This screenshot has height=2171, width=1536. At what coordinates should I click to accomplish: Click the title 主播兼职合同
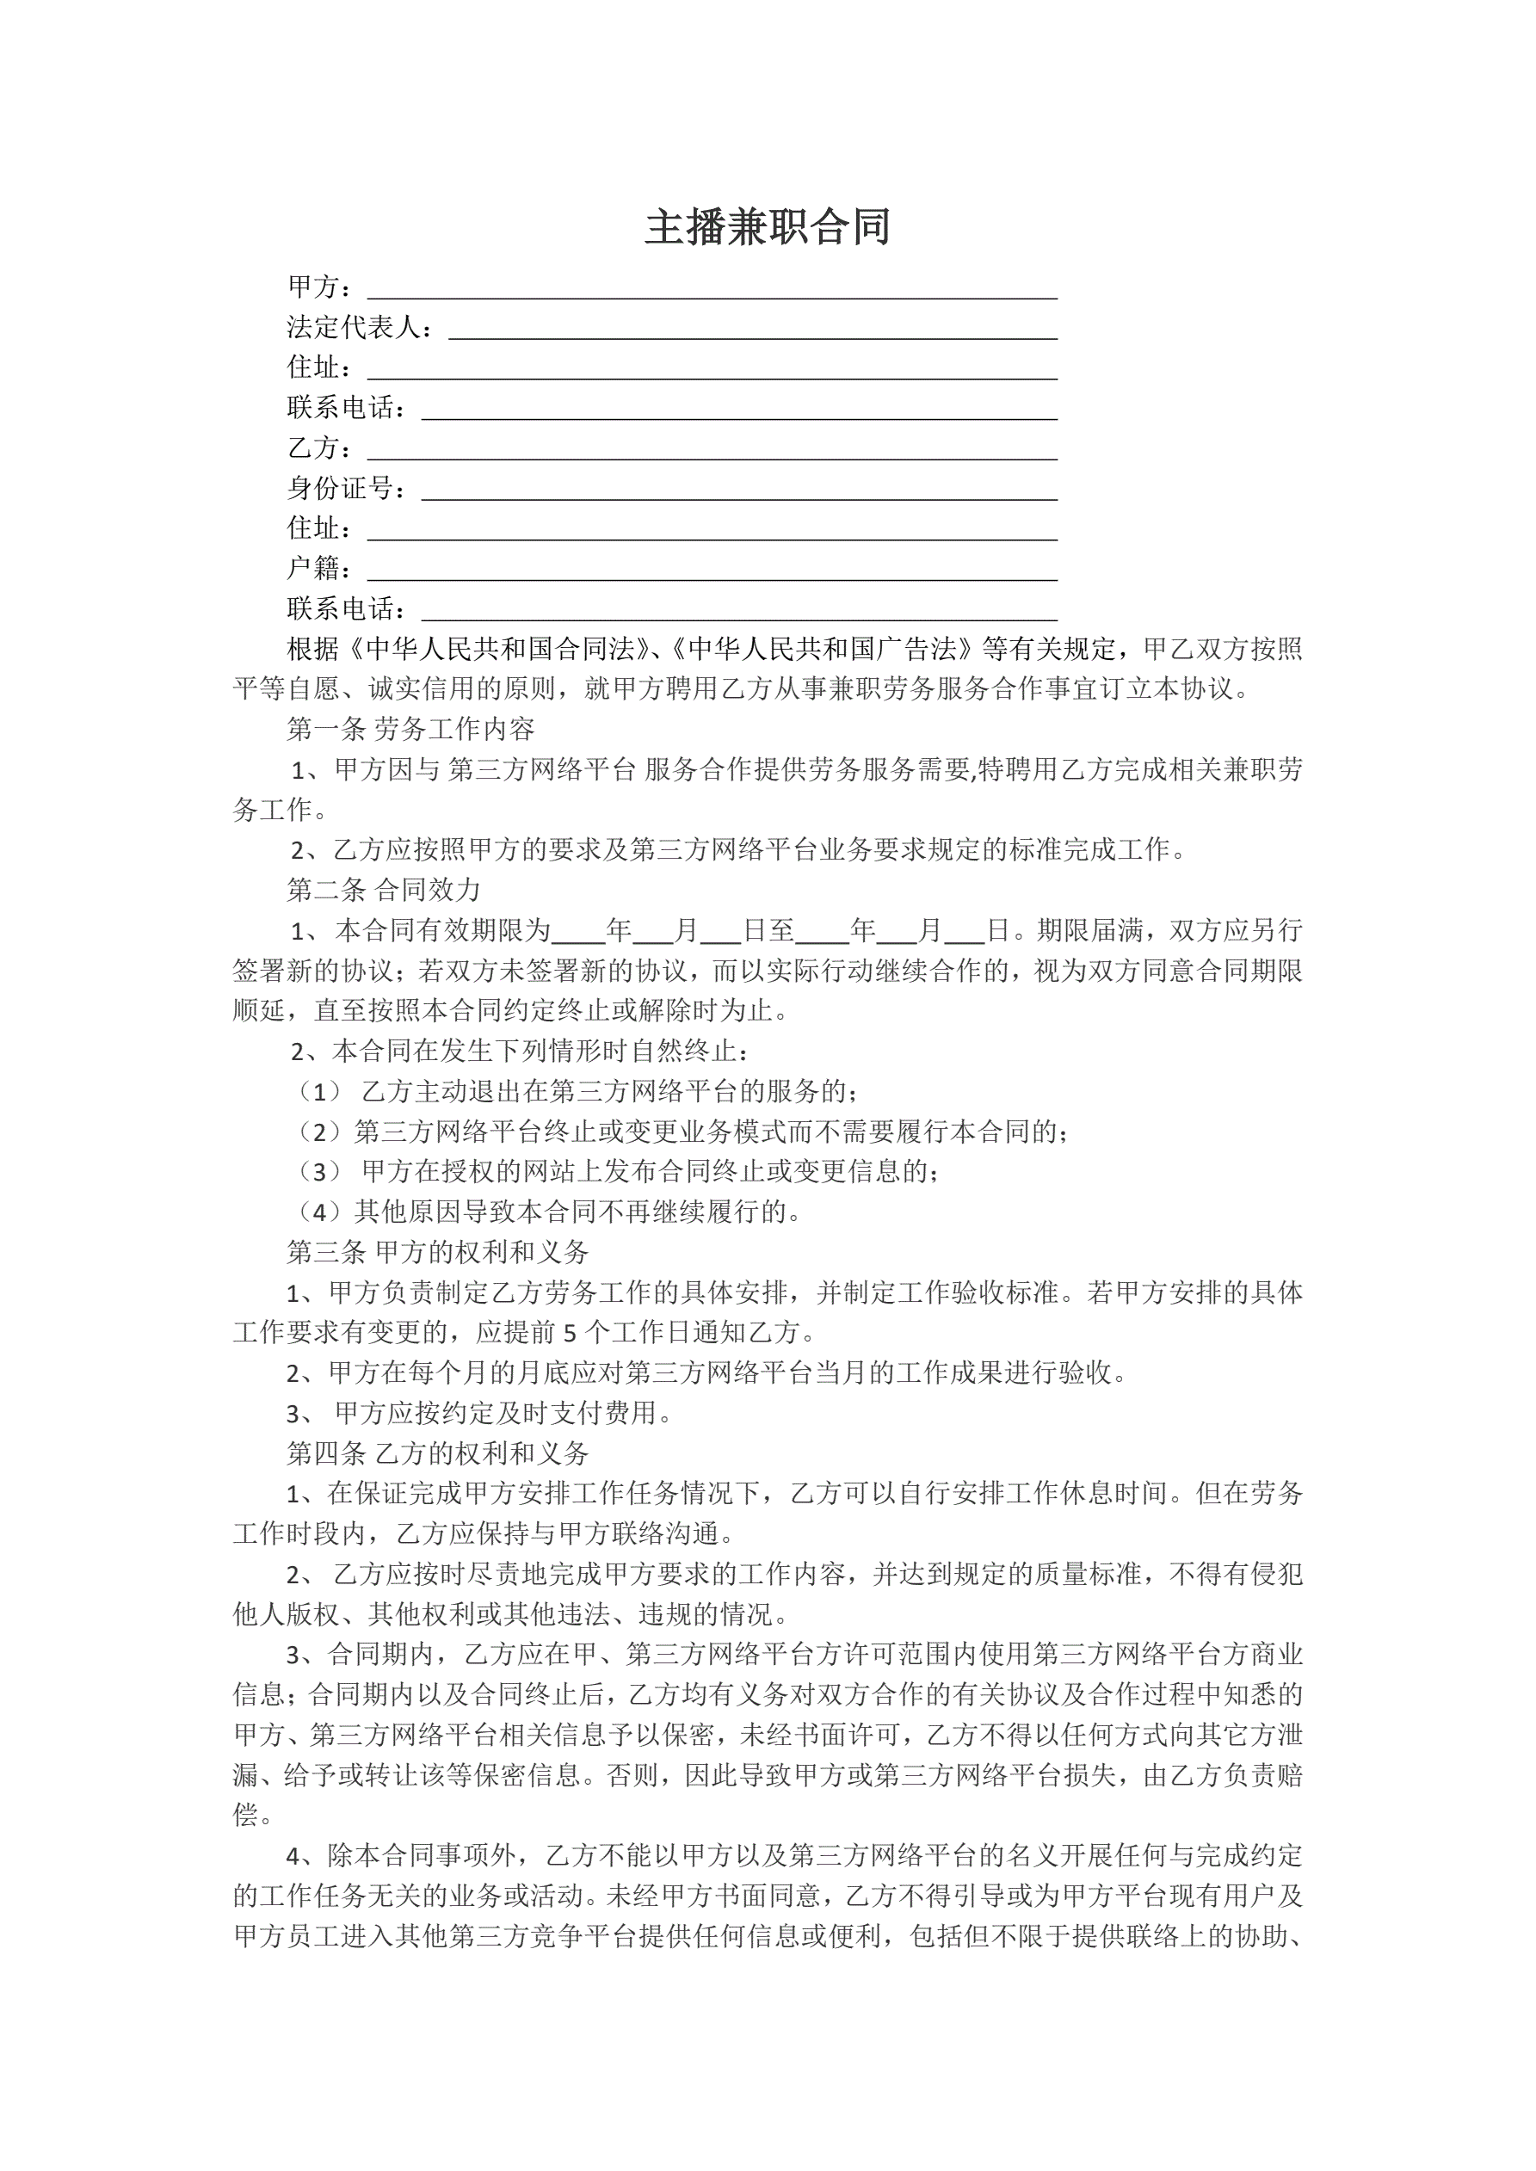(767, 228)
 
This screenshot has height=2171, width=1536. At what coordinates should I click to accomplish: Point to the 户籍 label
(313, 568)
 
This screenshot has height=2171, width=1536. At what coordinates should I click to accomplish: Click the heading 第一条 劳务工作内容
(410, 729)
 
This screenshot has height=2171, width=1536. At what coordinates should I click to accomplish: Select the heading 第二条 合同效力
(384, 890)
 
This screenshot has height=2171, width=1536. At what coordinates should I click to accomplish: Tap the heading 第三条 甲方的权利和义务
(437, 1252)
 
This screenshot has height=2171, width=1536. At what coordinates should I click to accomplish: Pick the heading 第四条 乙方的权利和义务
(437, 1453)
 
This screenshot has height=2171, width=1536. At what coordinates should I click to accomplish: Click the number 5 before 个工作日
(570, 1333)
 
